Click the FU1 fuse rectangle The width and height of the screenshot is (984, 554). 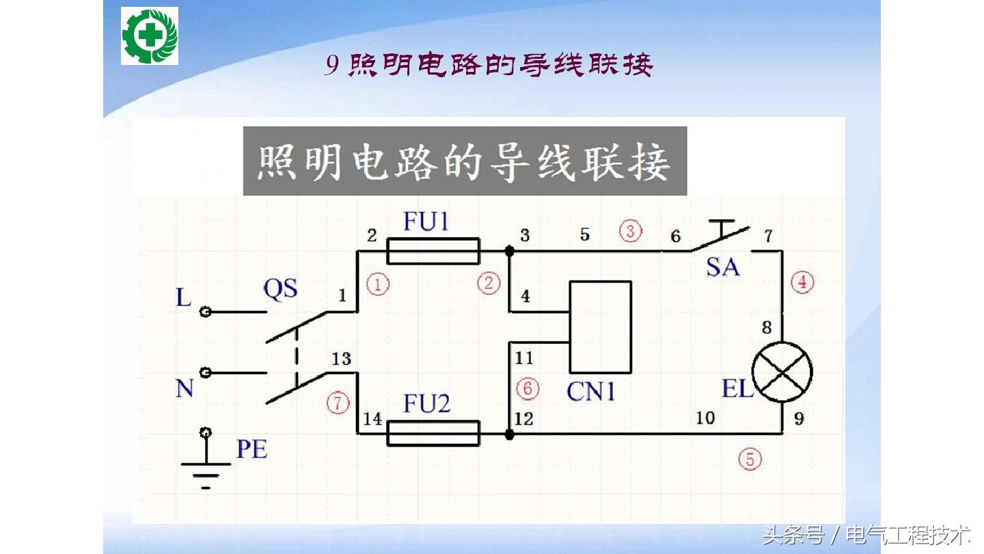(433, 251)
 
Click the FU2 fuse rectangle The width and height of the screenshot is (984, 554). (433, 433)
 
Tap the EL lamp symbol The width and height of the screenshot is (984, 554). (782, 372)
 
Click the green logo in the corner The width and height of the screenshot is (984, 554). (150, 36)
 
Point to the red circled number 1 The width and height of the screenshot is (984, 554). (377, 283)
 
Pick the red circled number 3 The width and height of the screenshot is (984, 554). (630, 231)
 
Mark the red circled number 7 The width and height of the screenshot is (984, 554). (338, 403)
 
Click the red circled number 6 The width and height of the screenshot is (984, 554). (528, 389)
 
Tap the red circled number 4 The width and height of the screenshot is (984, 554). (802, 282)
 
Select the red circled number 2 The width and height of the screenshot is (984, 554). (489, 283)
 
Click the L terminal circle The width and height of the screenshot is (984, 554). (205, 312)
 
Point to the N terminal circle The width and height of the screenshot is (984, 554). (205, 373)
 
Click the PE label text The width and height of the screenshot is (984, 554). (251, 449)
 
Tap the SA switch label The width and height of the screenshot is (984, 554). (722, 266)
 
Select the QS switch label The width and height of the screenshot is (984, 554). (280, 289)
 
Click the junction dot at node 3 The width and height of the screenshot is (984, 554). (509, 251)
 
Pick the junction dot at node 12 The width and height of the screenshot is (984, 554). (509, 434)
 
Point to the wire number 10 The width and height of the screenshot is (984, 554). (705, 417)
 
